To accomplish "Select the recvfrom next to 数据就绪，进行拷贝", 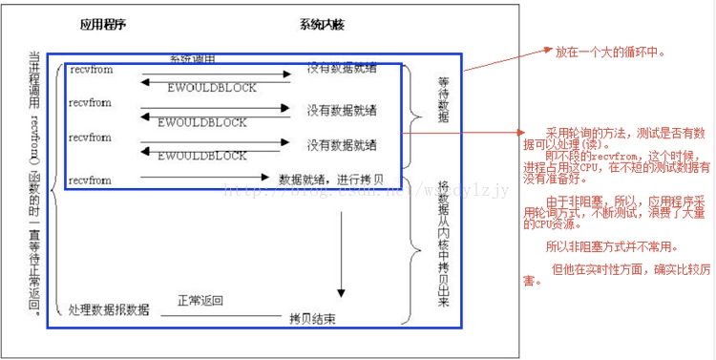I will (x=89, y=180).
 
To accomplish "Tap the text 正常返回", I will (x=200, y=301).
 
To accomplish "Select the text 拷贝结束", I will (x=313, y=315).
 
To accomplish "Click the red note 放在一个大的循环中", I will (x=610, y=52).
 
